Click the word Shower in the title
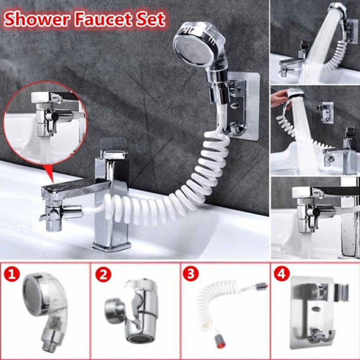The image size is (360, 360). (x=37, y=19)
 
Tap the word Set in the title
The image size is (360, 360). (x=150, y=19)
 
